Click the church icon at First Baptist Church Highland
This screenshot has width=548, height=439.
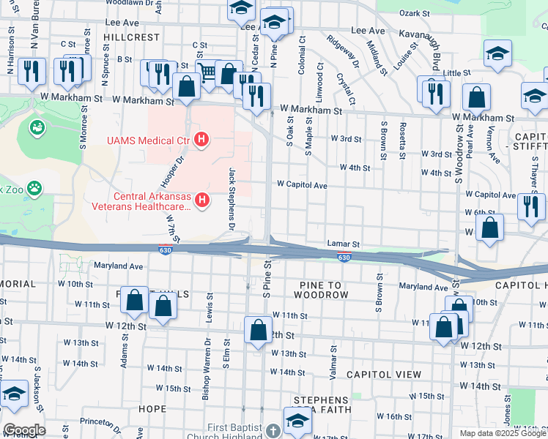pyautogui.click(x=273, y=429)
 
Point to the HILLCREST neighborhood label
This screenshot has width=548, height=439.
pyautogui.click(x=131, y=37)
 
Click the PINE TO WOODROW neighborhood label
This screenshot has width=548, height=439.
pyautogui.click(x=321, y=288)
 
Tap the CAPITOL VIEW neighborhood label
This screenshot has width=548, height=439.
pyautogui.click(x=384, y=374)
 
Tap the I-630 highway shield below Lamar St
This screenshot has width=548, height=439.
pyautogui.click(x=344, y=257)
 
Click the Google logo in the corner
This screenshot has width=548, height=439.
pyautogui.click(x=23, y=429)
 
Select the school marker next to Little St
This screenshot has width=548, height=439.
pyautogui.click(x=497, y=53)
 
